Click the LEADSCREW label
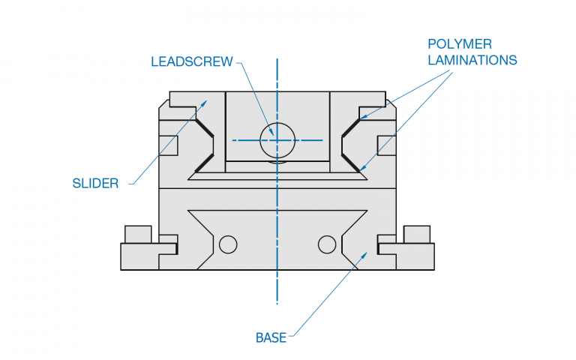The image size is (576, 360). coord(192,61)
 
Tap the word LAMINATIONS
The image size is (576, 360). coord(472,60)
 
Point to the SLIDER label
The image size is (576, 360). coord(95,183)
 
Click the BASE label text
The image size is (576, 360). coord(271,337)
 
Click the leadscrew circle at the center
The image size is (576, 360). coord(277,139)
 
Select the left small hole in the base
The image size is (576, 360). coord(227,244)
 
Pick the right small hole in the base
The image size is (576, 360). coord(327,244)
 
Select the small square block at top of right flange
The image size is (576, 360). coord(417,234)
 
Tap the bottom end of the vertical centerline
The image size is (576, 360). coord(277,303)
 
